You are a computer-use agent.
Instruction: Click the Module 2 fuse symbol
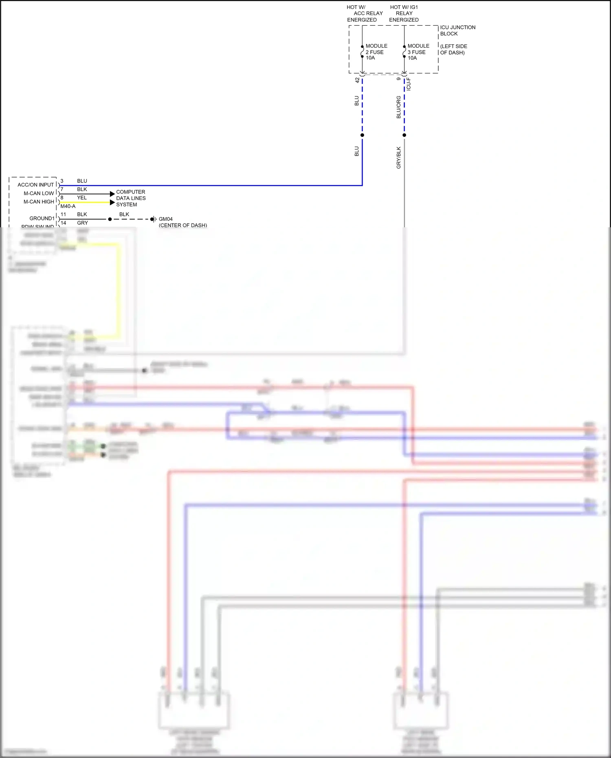pos(362,52)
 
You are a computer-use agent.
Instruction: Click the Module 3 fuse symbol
pos(404,52)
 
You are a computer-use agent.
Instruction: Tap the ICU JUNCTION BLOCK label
pos(457,31)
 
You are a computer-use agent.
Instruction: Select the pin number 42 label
pos(357,80)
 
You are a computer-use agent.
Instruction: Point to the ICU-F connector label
pos(409,84)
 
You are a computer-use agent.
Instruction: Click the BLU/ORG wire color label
pos(398,107)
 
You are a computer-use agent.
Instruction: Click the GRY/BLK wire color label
pos(398,158)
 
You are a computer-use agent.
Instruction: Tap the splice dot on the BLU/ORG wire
pos(404,135)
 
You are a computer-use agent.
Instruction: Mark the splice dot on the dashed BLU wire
pos(362,135)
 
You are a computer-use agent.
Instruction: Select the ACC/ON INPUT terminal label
pos(35,185)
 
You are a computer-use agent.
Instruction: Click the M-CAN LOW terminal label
pos(39,193)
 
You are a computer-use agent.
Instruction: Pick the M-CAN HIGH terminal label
pos(39,202)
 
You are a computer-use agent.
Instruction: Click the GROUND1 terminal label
pos(42,219)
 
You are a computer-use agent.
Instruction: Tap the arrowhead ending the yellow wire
pos(112,202)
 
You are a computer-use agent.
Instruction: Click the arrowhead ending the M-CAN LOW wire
pos(112,194)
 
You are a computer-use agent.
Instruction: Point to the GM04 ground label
pos(165,219)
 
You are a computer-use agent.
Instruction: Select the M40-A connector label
pos(68,207)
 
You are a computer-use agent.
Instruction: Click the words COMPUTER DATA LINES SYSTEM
pos(131,198)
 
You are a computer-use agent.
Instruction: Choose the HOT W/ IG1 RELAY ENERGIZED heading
pos(404,13)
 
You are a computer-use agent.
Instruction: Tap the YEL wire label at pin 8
pos(82,198)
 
